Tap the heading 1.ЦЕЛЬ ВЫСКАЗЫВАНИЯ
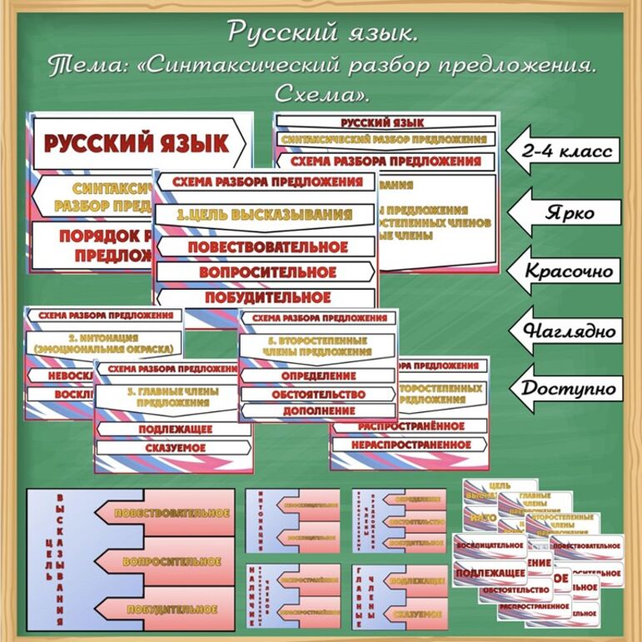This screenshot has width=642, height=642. pyautogui.click(x=264, y=215)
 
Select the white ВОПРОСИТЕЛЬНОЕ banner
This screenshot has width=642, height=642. pyautogui.click(x=264, y=272)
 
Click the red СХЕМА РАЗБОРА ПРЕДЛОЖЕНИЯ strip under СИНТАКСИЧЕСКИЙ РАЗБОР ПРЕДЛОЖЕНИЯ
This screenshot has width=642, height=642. pyautogui.click(x=387, y=161)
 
